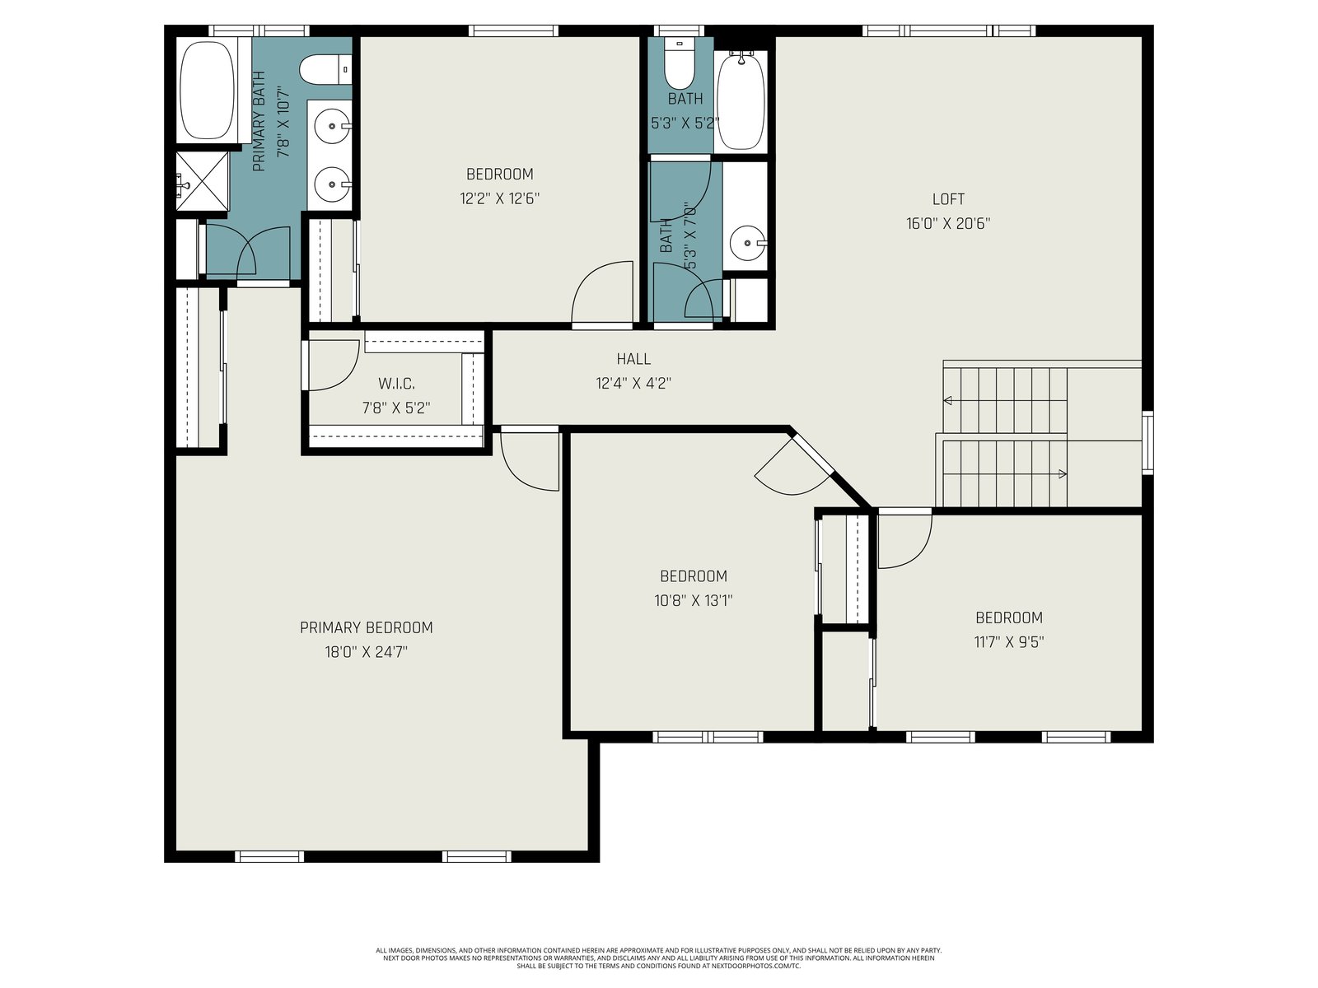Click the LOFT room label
(948, 198)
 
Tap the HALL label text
(633, 359)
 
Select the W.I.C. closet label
(396, 384)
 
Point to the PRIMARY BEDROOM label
(367, 627)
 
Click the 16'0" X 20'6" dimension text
(948, 223)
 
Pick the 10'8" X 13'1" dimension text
(694, 600)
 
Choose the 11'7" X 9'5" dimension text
(1009, 642)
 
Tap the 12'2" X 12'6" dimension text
(499, 198)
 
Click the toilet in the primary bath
(325, 70)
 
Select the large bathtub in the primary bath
(207, 90)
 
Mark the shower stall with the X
(203, 181)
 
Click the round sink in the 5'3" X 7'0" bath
(748, 243)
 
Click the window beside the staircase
(1147, 443)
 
